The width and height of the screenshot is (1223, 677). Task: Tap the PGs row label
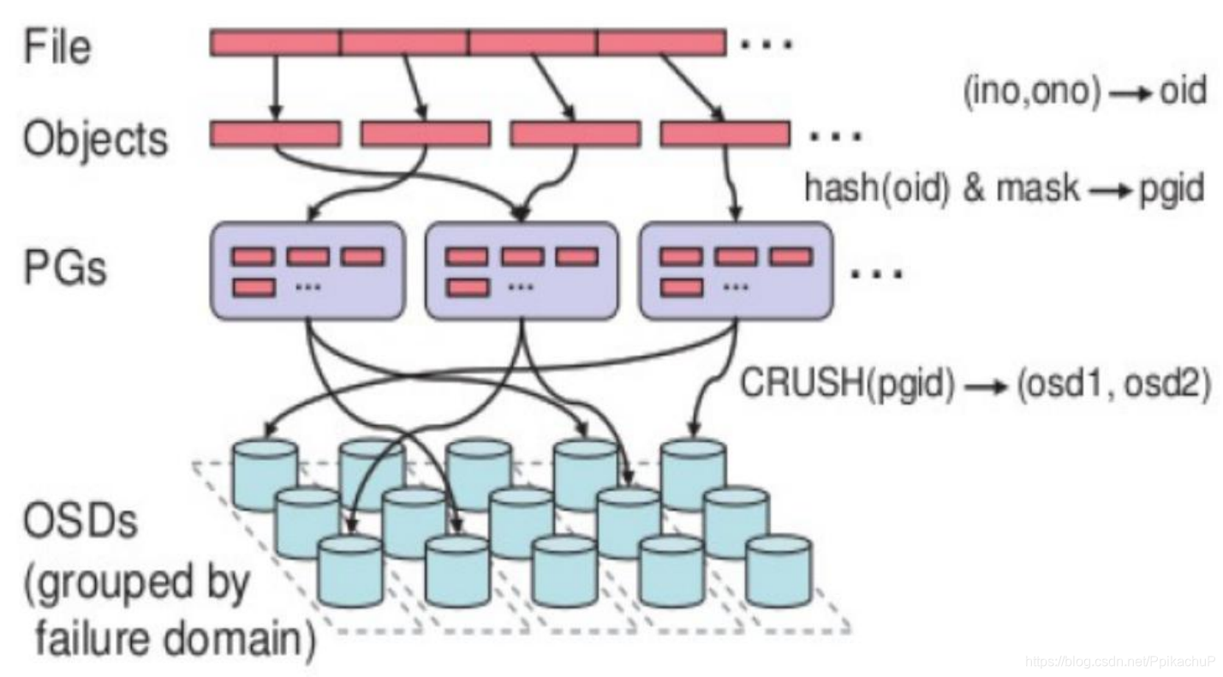[65, 267]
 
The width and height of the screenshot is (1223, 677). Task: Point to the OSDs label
[81, 519]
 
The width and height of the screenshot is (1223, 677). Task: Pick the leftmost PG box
[307, 269]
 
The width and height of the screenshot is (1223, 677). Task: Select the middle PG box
[522, 269]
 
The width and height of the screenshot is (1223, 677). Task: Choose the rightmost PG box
[737, 269]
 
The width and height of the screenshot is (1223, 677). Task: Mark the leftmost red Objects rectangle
[275, 134]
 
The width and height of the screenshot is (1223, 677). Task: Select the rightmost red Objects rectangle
[725, 134]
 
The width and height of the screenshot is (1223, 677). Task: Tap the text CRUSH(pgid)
[847, 383]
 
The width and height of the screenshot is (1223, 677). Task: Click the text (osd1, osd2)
[1113, 383]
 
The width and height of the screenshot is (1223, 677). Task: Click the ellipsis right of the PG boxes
[874, 273]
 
